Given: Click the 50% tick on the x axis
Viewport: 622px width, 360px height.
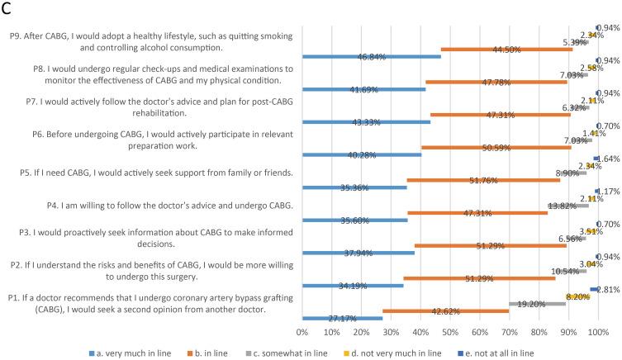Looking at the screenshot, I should pos(449,331).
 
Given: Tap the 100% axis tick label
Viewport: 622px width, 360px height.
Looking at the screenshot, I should pos(597,331).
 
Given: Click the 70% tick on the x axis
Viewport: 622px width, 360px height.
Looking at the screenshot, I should pos(509,331).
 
